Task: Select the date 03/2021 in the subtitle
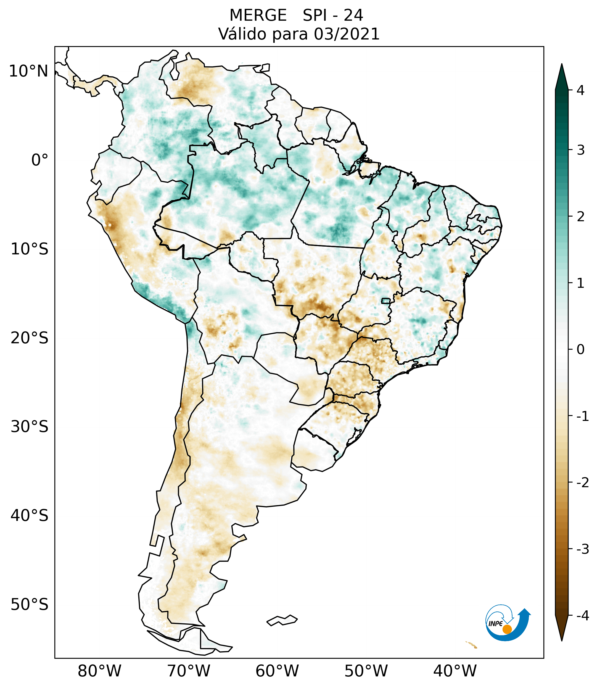point(347,34)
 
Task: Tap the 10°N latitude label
point(29,71)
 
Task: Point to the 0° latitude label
point(40,160)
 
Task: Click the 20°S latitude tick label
point(30,338)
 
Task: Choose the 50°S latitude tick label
point(30,605)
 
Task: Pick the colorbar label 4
point(580,90)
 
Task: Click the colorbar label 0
point(580,349)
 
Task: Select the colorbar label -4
point(582,616)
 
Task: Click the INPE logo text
point(495,623)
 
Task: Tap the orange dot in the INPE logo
point(507,629)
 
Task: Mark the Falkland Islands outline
point(282,620)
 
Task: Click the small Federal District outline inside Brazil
point(385,300)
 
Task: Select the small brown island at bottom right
point(471,645)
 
